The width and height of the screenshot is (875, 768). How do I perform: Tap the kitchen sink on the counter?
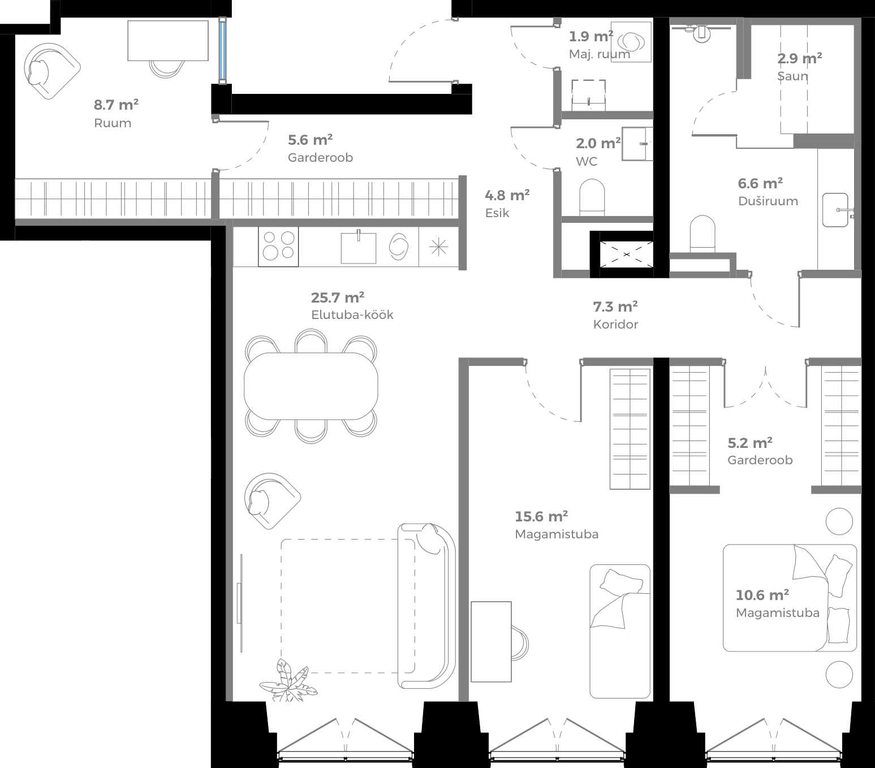coord(358,248)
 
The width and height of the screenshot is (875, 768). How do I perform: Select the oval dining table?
coord(311,386)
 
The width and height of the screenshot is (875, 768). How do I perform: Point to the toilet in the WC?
coord(592,197)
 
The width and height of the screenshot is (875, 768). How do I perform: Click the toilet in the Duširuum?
coord(702,234)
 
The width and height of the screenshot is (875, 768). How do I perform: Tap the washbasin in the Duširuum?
coord(835,210)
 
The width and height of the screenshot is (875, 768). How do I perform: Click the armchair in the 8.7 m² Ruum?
coord(51,70)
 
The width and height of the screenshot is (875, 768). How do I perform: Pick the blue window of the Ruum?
coord(223,50)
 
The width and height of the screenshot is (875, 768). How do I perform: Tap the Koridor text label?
coord(615,325)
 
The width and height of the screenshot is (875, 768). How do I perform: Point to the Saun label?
coord(792,76)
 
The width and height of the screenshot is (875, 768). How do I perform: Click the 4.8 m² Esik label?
coord(506,204)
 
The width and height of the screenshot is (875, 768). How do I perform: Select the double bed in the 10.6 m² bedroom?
coord(790,598)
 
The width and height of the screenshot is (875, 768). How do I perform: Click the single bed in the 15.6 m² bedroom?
coord(620,631)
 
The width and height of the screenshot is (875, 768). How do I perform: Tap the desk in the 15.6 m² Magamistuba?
coord(491,641)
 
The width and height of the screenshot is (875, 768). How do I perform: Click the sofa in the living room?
coord(427,605)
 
